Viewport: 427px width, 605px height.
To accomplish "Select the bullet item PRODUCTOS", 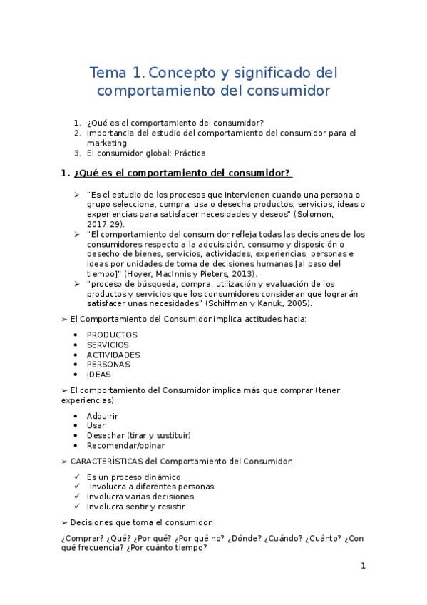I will pos(112,335).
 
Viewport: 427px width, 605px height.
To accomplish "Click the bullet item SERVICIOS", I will pos(108,345).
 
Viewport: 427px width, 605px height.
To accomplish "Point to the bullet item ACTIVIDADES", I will pos(113,355).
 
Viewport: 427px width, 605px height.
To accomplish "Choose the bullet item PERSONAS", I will pos(108,364).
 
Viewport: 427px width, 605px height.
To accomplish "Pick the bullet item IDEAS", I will pos(99,374).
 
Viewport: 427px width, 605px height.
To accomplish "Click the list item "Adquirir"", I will pos(103,415).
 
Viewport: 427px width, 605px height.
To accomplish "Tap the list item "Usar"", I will pos(96,425).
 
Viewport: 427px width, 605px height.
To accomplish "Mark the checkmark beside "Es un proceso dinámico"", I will pos(77,477).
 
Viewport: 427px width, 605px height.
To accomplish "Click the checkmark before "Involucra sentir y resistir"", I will pos(77,507).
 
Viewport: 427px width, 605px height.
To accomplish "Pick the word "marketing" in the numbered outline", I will pos(107,143).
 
